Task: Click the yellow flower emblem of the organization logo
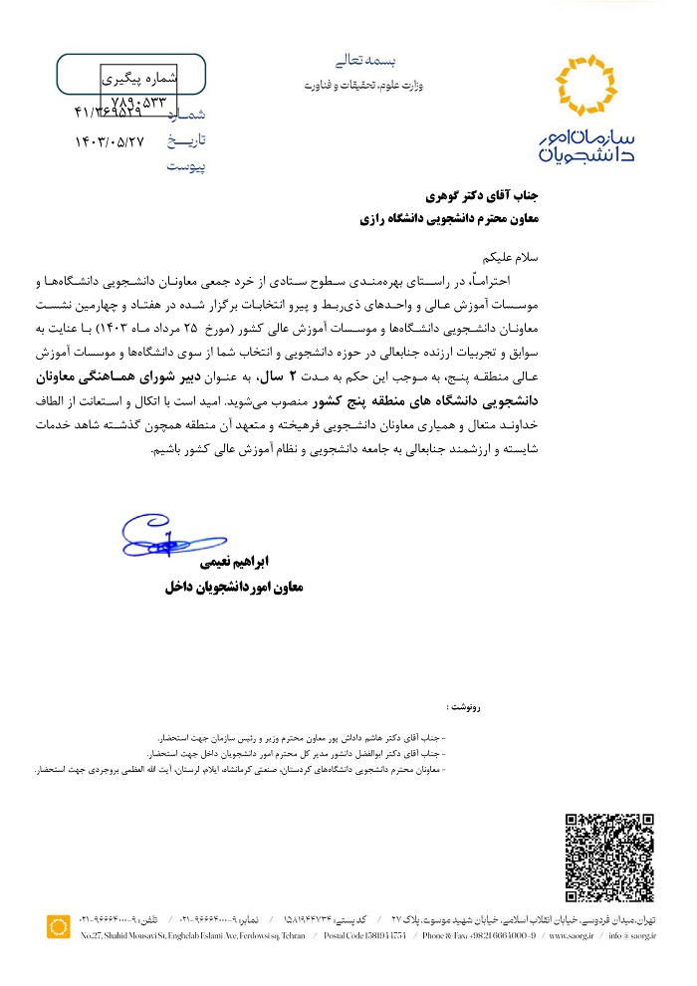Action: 591,87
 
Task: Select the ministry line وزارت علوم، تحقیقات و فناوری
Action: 363,86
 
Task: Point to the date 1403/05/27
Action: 110,141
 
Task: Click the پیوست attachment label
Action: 185,166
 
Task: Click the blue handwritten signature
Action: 161,540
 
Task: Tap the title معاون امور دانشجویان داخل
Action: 233,588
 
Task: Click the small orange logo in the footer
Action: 59,927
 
